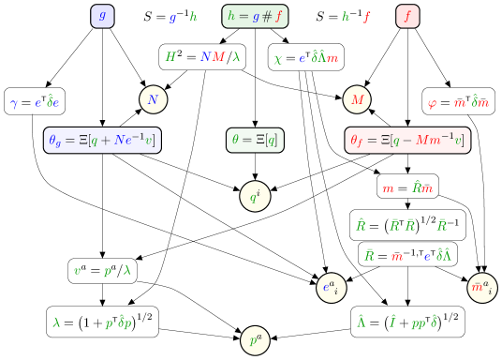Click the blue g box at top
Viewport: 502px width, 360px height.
103,16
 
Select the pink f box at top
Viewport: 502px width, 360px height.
407,16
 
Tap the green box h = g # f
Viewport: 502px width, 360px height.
256,16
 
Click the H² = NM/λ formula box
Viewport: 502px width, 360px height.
203,56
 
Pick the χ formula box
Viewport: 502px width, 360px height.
305,57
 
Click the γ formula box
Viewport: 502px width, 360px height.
36,101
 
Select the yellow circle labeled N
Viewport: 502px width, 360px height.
154,98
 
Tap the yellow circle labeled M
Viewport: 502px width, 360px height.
357,98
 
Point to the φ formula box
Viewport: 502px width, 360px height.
459,101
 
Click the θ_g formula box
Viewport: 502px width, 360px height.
103,141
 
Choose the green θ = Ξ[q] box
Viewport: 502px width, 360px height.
255,141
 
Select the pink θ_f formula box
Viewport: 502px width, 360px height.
407,141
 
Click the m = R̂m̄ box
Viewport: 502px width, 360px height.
407,187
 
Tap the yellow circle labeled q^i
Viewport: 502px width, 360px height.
255,197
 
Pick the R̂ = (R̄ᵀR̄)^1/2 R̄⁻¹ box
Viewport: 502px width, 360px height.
407,225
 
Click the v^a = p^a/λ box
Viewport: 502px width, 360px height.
103,271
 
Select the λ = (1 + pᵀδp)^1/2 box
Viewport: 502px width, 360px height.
103,322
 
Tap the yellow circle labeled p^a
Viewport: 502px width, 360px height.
255,340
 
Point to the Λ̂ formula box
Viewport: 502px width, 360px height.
407,322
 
